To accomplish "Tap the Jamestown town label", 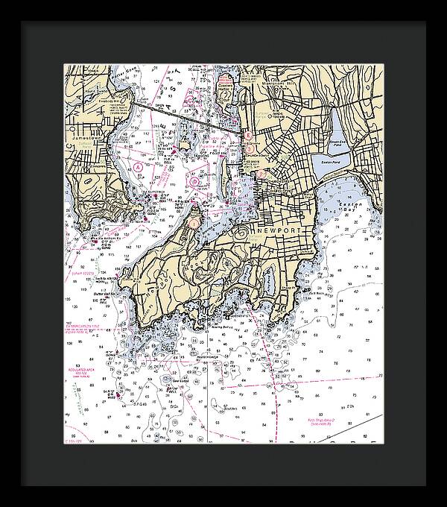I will (x=87, y=139).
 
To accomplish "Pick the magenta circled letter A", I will (x=139, y=169).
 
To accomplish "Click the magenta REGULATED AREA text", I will (x=76, y=368).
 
